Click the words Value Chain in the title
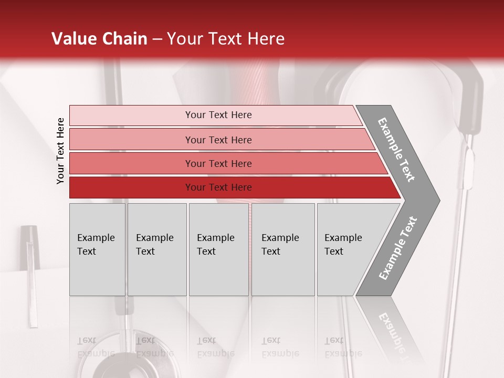click(99, 39)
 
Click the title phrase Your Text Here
click(226, 39)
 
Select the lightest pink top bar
click(131, 115)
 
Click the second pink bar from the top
click(131, 140)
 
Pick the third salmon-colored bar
click(131, 163)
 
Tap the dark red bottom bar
click(131, 187)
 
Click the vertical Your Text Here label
click(60, 151)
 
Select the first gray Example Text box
click(97, 249)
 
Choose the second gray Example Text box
click(157, 249)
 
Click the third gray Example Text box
click(218, 249)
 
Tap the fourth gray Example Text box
click(283, 249)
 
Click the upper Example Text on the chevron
click(396, 150)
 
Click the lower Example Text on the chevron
click(398, 248)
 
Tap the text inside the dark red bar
click(218, 187)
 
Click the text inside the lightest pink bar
click(218, 115)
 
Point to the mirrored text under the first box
click(96, 347)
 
